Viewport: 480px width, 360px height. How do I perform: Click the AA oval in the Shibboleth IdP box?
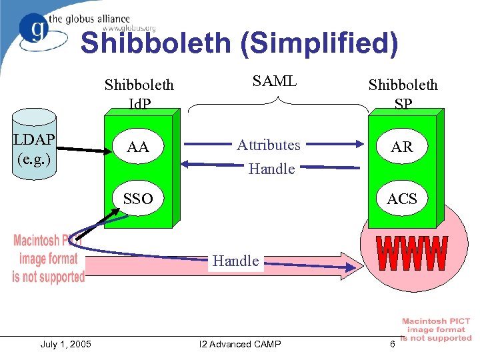[138, 147]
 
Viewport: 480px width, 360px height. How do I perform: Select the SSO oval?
[138, 198]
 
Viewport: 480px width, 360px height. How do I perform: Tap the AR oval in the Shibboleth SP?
[402, 147]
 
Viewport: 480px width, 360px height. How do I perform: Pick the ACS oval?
[402, 198]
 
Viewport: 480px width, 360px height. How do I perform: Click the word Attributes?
[269, 145]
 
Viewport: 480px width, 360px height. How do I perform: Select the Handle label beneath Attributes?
[271, 169]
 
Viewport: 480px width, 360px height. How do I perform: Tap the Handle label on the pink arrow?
[236, 261]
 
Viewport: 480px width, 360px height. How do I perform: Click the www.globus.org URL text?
[129, 29]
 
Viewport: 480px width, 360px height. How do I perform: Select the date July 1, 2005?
[66, 344]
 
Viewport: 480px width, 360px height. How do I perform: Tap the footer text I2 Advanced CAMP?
[240, 344]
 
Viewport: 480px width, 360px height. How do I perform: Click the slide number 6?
[393, 344]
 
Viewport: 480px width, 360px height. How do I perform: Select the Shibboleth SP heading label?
[403, 94]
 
